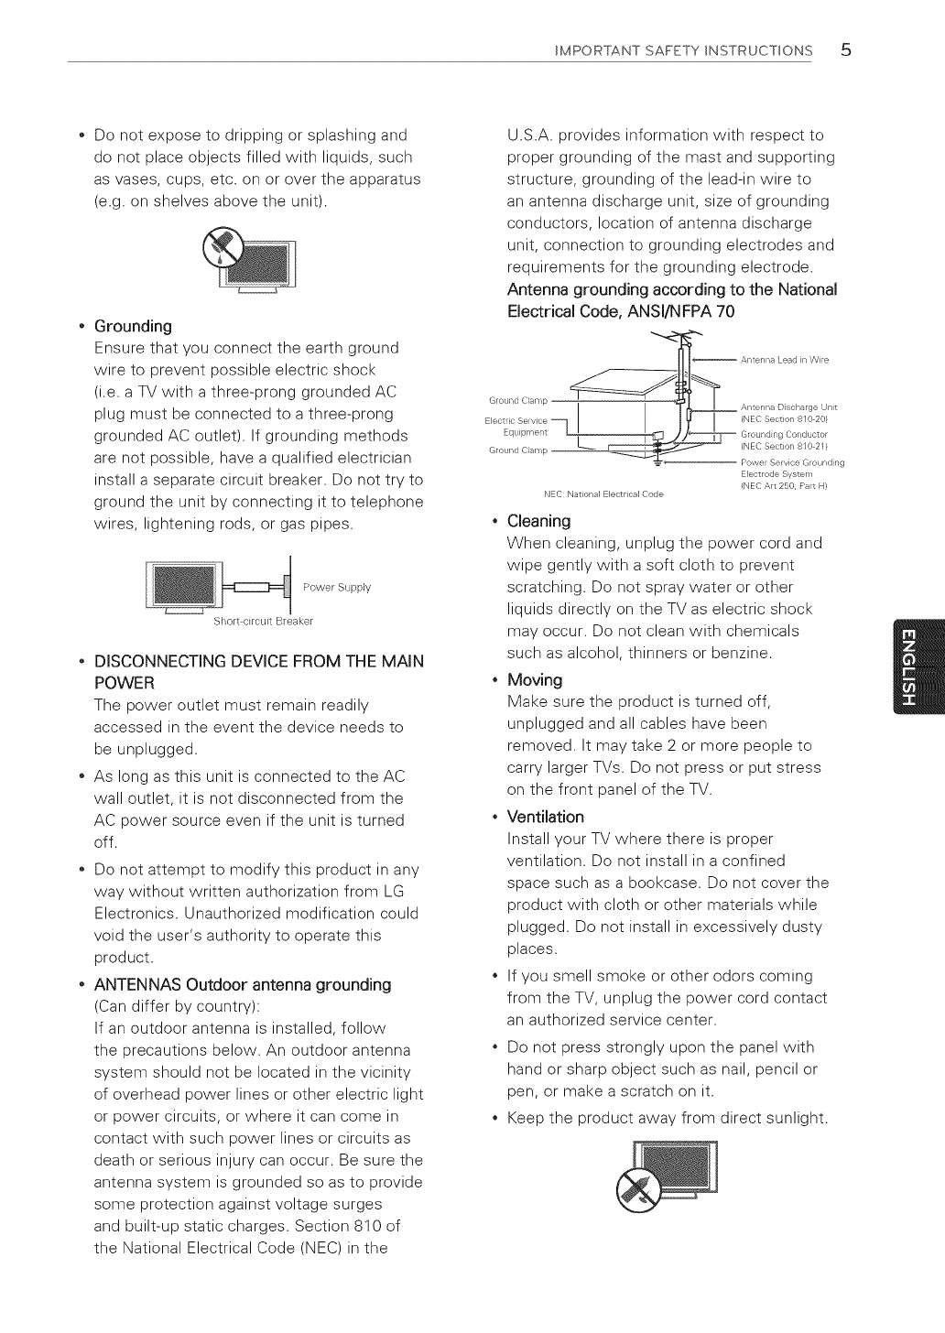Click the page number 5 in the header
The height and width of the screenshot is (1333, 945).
point(845,50)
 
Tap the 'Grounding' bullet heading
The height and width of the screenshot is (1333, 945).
point(133,326)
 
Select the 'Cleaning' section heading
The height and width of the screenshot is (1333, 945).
point(538,521)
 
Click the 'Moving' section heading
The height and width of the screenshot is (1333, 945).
point(535,679)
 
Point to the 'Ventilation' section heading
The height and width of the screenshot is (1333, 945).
point(545,817)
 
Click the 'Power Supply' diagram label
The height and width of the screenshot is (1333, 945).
point(337,588)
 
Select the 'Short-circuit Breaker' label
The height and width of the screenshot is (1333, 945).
point(263,622)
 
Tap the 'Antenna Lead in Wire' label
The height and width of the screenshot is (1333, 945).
point(785,360)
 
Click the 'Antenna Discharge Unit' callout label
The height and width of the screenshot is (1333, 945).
point(788,407)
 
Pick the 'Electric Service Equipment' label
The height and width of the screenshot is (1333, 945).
point(516,426)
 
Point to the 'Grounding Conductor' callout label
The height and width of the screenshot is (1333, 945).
point(785,434)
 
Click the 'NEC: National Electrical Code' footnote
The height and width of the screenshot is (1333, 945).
point(603,494)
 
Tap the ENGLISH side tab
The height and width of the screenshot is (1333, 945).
point(918,666)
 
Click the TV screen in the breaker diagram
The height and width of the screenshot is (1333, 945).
point(184,584)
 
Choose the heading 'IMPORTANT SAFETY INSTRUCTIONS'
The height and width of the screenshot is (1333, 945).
point(683,50)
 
